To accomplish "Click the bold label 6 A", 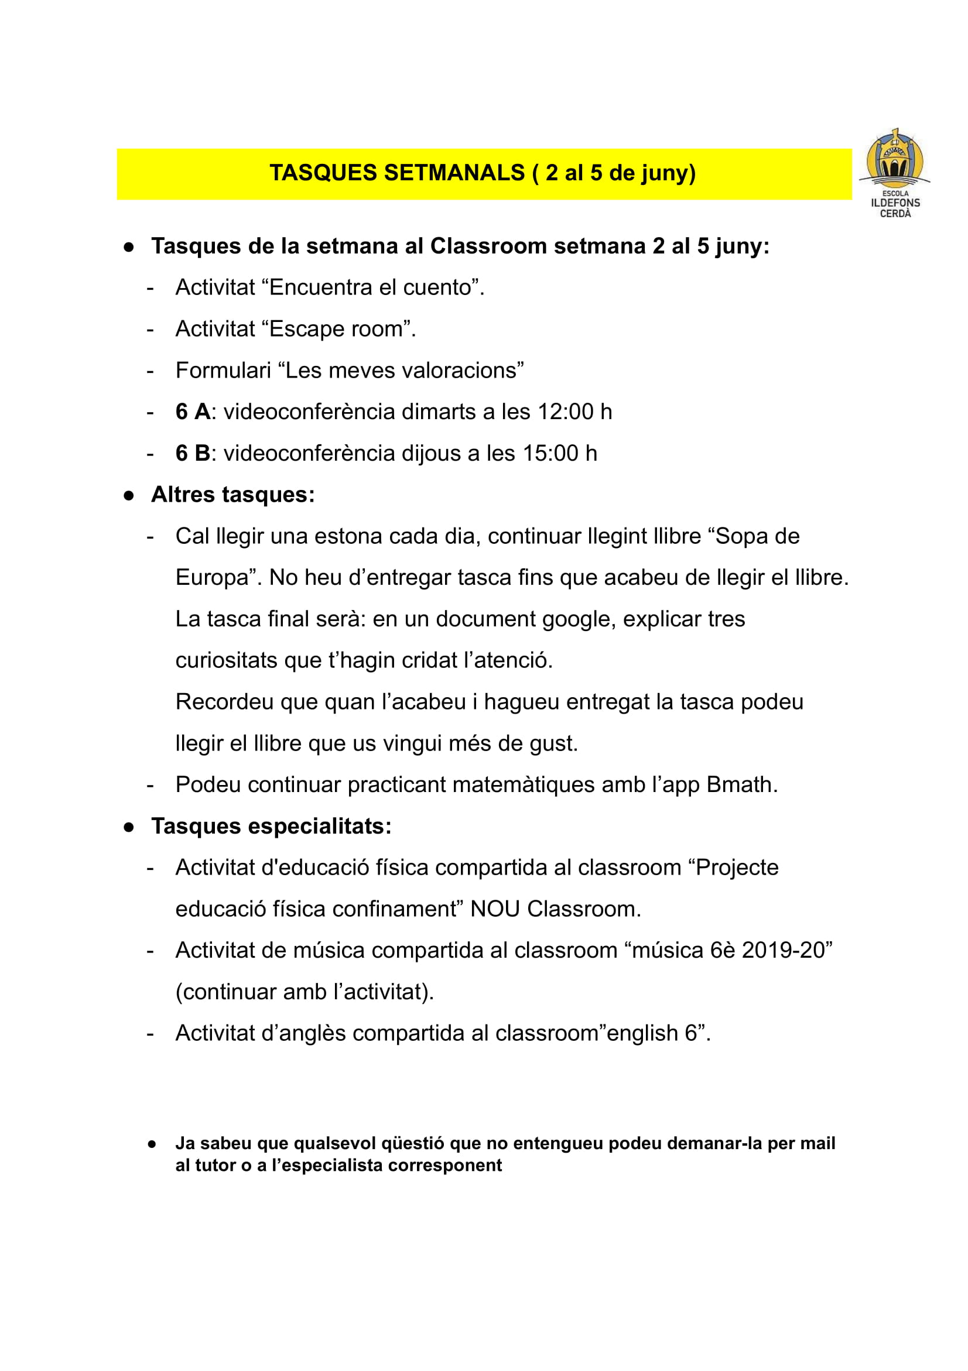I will click(x=192, y=412).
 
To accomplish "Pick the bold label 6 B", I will click(x=192, y=453).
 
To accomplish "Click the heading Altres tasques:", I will click(x=233, y=495).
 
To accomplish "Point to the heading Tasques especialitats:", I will click(x=271, y=826).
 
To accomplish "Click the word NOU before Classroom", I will click(x=495, y=909).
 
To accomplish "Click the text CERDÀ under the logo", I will click(x=895, y=213).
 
